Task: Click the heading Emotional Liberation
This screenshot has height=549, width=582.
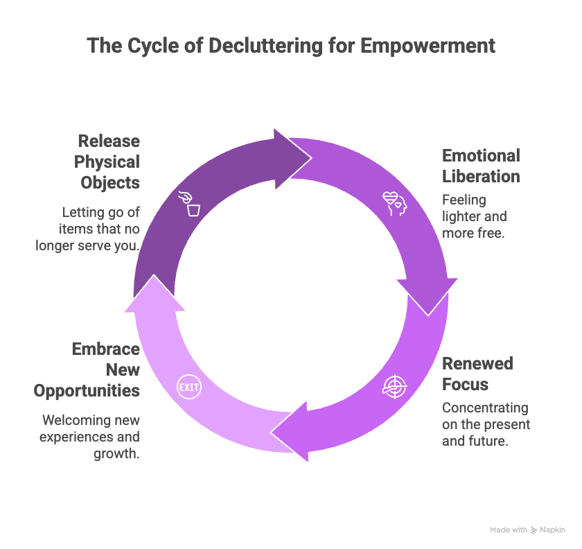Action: [481, 166]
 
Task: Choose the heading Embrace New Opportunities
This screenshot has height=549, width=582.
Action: [87, 369]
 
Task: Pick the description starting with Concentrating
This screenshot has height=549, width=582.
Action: [485, 424]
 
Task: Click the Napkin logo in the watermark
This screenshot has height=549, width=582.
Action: [535, 530]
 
